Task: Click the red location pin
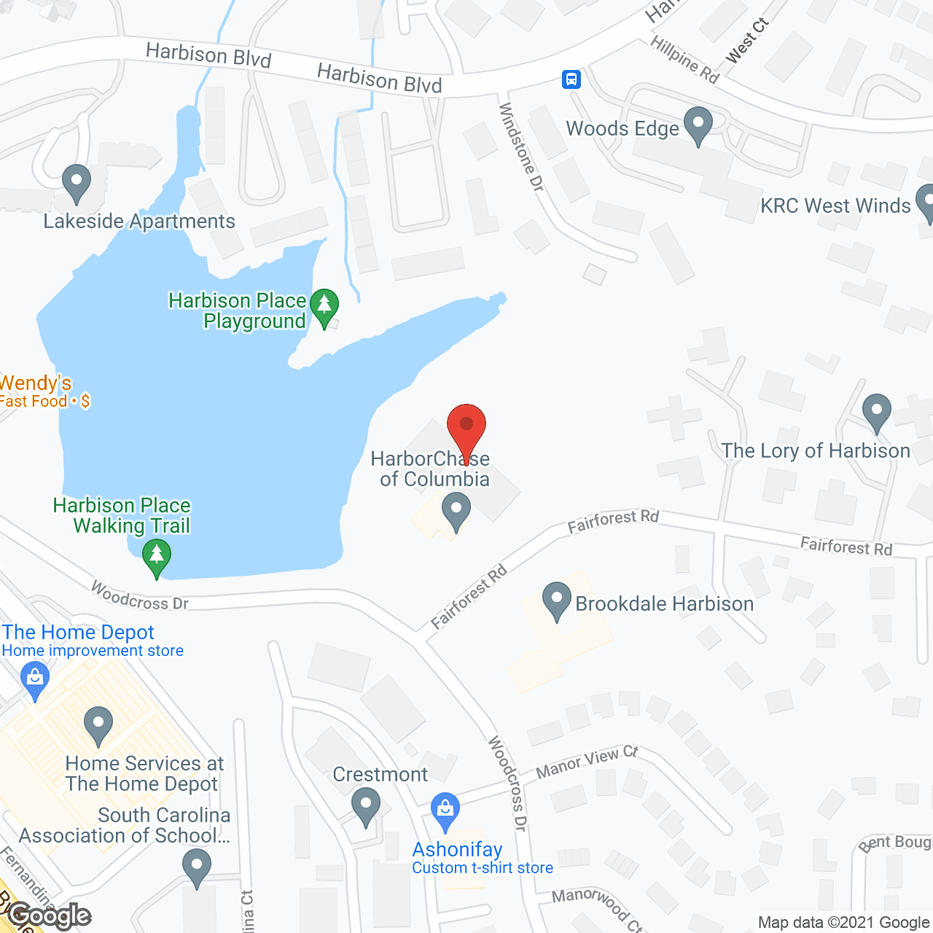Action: click(x=466, y=426)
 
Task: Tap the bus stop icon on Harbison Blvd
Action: click(x=571, y=79)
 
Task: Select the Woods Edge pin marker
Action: click(x=698, y=125)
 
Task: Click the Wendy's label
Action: click(x=36, y=383)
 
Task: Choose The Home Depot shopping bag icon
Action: click(x=35, y=679)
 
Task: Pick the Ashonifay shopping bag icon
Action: click(x=445, y=811)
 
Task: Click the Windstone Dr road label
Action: click(x=520, y=147)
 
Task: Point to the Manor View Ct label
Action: click(x=587, y=762)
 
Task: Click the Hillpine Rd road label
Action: click(x=684, y=59)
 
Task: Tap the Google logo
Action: click(x=50, y=916)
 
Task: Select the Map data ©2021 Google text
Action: click(x=843, y=923)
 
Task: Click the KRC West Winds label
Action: click(x=835, y=206)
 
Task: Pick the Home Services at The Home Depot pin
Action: click(x=98, y=725)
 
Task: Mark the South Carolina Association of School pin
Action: click(x=197, y=868)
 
